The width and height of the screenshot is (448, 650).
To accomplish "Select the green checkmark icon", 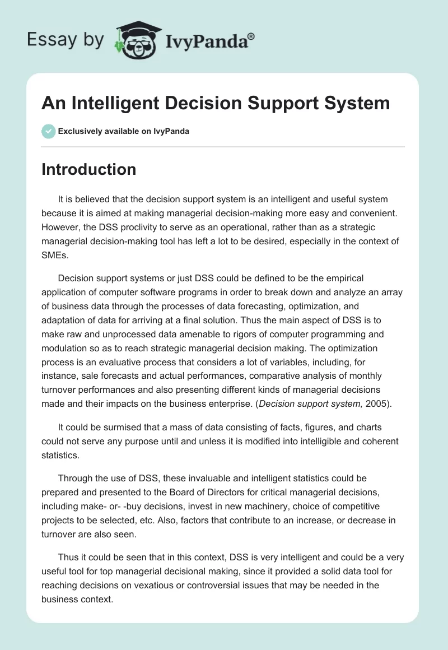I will coord(48,131).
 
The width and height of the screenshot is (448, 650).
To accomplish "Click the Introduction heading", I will coord(88,169).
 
